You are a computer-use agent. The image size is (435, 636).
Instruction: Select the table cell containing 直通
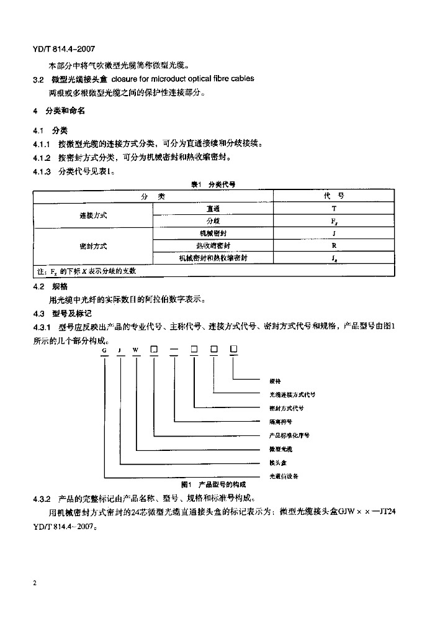[x=213, y=209]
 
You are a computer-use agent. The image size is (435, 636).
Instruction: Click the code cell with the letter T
[x=334, y=209]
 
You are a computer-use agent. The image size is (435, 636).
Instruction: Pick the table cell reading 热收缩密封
[x=213, y=245]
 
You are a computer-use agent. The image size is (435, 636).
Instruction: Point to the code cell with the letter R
[x=334, y=245]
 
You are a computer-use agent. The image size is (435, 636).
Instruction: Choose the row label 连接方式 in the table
[x=93, y=215]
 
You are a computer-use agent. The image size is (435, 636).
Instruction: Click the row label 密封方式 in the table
[x=93, y=246]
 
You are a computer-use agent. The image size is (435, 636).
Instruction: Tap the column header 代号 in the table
[x=334, y=196]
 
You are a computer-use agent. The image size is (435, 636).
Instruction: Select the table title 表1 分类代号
[x=213, y=184]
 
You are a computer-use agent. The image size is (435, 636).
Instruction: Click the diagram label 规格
[x=275, y=381]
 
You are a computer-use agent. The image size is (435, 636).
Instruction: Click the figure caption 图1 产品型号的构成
[x=213, y=484]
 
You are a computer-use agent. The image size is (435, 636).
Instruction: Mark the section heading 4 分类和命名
[x=59, y=111]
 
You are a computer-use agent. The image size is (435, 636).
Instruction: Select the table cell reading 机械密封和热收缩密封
[x=213, y=258]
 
